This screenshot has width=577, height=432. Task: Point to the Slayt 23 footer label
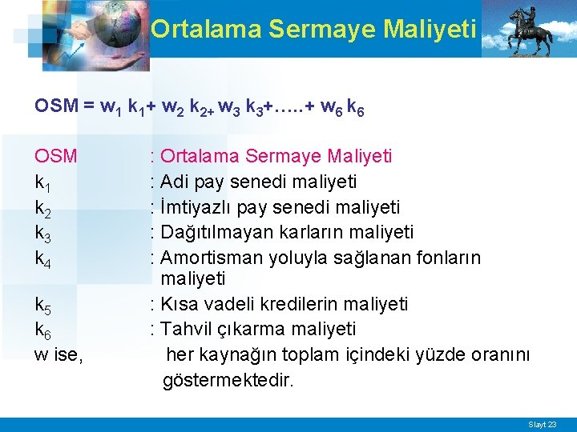pos(542,424)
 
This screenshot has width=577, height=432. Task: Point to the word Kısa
pos(179,304)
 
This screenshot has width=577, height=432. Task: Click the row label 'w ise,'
pos(59,354)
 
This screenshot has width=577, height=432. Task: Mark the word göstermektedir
pos(228,379)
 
